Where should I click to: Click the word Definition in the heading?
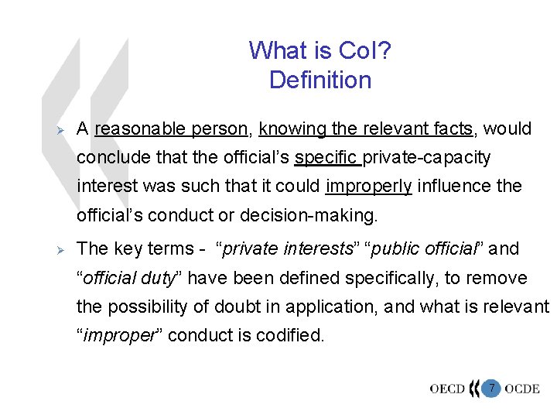pyautogui.click(x=320, y=80)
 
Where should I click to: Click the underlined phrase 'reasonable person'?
pyautogui.click(x=148, y=128)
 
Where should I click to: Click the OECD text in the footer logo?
pyautogui.click(x=446, y=389)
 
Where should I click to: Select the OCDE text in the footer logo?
pyautogui.click(x=521, y=389)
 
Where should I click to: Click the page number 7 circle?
pyautogui.click(x=490, y=388)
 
